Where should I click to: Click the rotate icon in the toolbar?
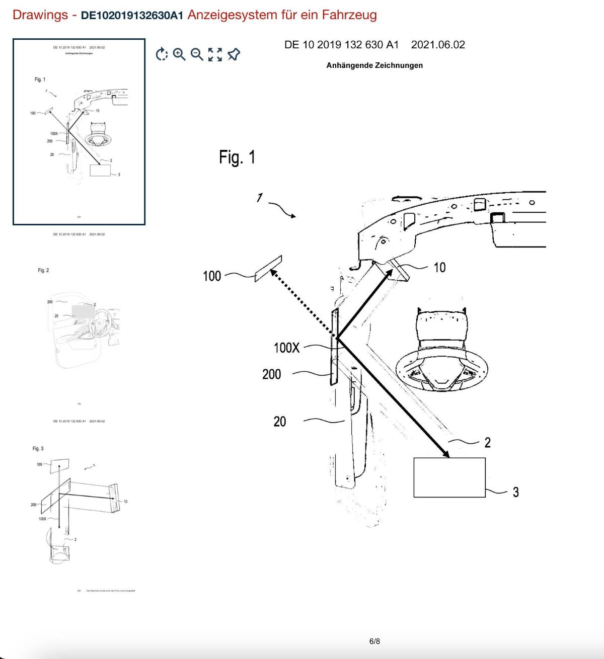(162, 54)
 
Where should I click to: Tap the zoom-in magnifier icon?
(179, 54)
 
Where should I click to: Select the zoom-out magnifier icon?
(197, 54)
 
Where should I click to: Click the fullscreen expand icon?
(215, 54)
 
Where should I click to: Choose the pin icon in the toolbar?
(234, 54)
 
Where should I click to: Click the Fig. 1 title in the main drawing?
(237, 157)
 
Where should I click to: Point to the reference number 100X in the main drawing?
(286, 348)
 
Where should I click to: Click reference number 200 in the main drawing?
(271, 374)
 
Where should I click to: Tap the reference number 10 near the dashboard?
(439, 268)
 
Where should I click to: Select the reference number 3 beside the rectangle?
(515, 492)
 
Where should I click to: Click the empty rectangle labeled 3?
(449, 477)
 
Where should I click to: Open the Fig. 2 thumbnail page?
(79, 322)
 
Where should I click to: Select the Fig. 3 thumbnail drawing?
(79, 508)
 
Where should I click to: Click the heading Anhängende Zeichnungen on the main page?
(374, 65)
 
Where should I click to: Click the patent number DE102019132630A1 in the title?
(132, 15)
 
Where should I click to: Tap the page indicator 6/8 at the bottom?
(374, 641)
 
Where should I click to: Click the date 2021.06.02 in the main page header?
(438, 45)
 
